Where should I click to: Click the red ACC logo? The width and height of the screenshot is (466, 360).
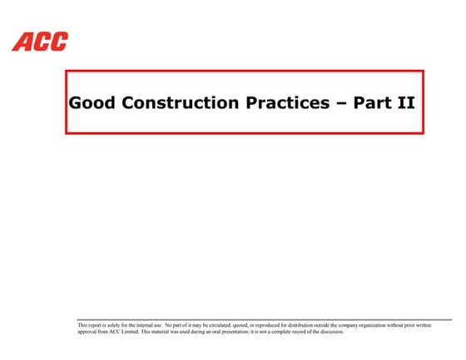coord(39,41)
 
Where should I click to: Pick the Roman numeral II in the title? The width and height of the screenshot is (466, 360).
coord(406,104)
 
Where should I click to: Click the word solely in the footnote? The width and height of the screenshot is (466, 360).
coord(115,325)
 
